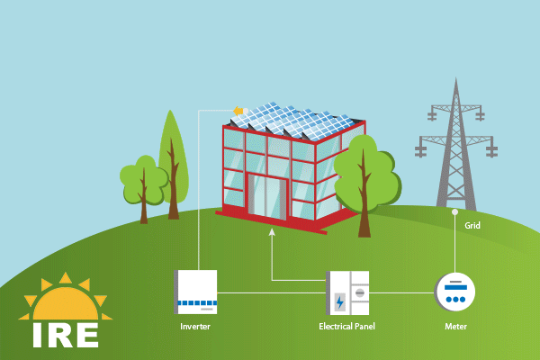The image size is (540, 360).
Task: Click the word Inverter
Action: coord(195,325)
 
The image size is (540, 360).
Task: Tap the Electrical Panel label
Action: coord(347,325)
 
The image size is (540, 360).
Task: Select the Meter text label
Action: coord(455,325)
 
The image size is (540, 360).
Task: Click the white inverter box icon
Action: coord(196,292)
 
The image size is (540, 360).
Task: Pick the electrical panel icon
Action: coord(349,292)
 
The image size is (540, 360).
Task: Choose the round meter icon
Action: coord(455,292)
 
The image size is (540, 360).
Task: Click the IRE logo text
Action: coord(64,333)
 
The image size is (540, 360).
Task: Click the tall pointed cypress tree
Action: coord(172,157)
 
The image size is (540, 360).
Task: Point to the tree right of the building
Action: coord(364,175)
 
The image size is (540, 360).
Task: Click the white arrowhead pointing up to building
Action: coord(272,234)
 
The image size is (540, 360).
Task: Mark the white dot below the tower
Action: coord(455,212)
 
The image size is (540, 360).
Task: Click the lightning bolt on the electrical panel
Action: coord(338,301)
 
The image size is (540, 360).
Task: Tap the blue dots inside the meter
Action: coord(455,298)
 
